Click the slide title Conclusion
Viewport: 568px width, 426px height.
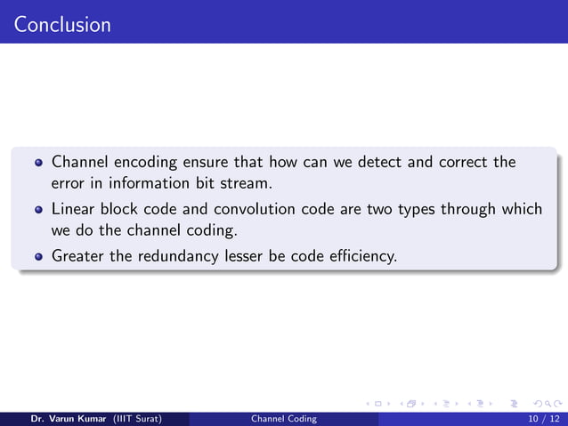pos(62,24)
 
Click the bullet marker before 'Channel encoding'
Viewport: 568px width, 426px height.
pos(38,164)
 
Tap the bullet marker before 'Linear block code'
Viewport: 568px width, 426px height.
pos(38,211)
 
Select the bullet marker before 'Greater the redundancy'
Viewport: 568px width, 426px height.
pos(38,258)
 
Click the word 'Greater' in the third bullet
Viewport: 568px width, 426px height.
pos(77,257)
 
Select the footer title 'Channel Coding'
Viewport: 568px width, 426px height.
pos(283,417)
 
